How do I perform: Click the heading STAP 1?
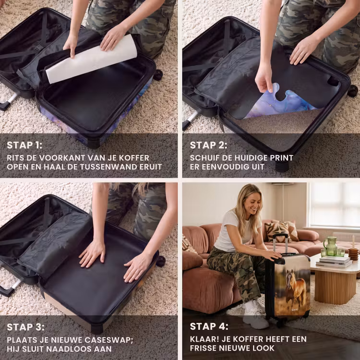pos(24,145)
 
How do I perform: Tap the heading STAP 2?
pos(208,145)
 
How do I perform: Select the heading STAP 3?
pos(25,327)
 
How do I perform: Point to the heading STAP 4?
pos(209,326)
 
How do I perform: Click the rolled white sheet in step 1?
pos(91,60)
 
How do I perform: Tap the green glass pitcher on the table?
pos(331,246)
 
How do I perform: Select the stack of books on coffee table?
pos(334,262)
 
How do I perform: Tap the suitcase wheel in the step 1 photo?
pos(158,75)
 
